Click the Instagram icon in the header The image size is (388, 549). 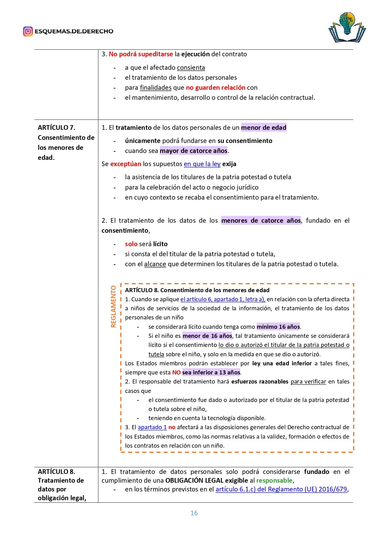coord(28,31)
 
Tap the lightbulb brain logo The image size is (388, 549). coord(347,27)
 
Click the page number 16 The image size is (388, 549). coord(194,513)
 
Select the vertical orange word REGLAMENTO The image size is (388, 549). coord(113,307)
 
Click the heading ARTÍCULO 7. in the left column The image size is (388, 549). coord(57,128)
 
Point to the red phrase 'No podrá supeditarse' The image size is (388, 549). coord(141,54)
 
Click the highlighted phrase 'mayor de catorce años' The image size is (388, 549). coord(194,151)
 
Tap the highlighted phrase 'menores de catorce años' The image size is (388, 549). coord(261,221)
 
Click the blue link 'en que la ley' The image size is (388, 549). coord(202,164)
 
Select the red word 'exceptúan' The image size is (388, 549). coord(126,164)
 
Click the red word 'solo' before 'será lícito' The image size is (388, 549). coord(131,244)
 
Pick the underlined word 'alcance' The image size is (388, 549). coord(155,264)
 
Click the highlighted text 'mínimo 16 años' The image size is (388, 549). coord(278,327)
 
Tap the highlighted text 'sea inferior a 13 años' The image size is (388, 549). coord(211,372)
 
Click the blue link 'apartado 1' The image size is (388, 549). coord(152,427)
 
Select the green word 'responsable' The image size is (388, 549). coord(274,480)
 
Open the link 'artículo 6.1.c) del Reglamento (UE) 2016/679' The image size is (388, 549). coord(281,489)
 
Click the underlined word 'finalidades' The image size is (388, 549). coord(156,88)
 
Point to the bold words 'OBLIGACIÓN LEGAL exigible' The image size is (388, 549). coord(206,480)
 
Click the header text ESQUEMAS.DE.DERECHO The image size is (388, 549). coord(74,31)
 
